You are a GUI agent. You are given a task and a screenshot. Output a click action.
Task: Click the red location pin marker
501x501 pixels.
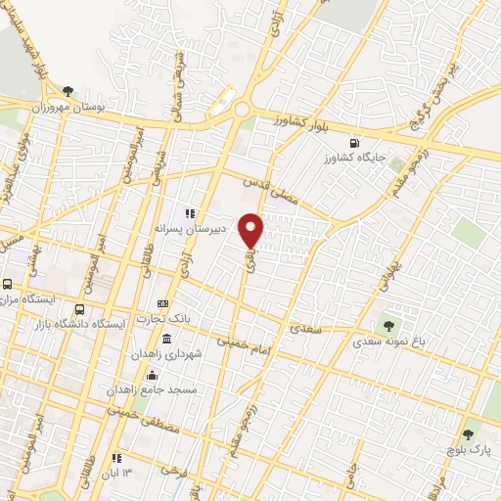[x=251, y=230]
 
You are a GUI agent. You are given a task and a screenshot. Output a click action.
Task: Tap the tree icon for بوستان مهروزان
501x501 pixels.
[x=68, y=91]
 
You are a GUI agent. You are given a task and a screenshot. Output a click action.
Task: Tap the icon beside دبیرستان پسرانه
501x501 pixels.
[x=190, y=213]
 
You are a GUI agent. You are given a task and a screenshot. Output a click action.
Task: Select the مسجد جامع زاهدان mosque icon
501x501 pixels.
[x=152, y=375]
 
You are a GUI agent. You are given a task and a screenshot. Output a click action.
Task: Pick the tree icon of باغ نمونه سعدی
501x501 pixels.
[x=390, y=325]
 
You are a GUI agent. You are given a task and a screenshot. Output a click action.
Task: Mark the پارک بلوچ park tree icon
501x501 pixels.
[x=468, y=433]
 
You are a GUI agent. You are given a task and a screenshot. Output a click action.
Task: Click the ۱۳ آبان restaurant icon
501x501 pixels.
[x=116, y=457]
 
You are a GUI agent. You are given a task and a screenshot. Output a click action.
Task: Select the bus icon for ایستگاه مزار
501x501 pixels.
[x=7, y=285]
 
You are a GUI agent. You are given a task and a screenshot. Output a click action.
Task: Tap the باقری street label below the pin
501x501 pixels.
[x=250, y=259]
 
